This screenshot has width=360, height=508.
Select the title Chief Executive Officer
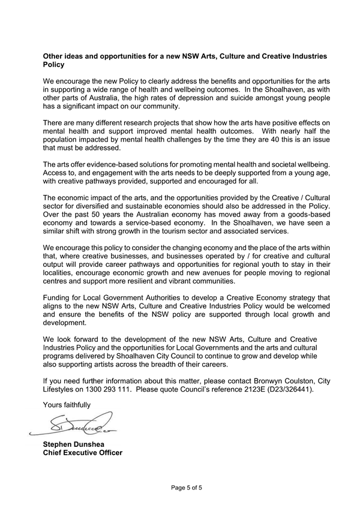coord(83,453)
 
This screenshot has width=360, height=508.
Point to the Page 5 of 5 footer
coord(187,488)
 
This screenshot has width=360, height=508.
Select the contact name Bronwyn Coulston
coord(268,380)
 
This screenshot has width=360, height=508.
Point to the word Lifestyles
coord(61,389)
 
